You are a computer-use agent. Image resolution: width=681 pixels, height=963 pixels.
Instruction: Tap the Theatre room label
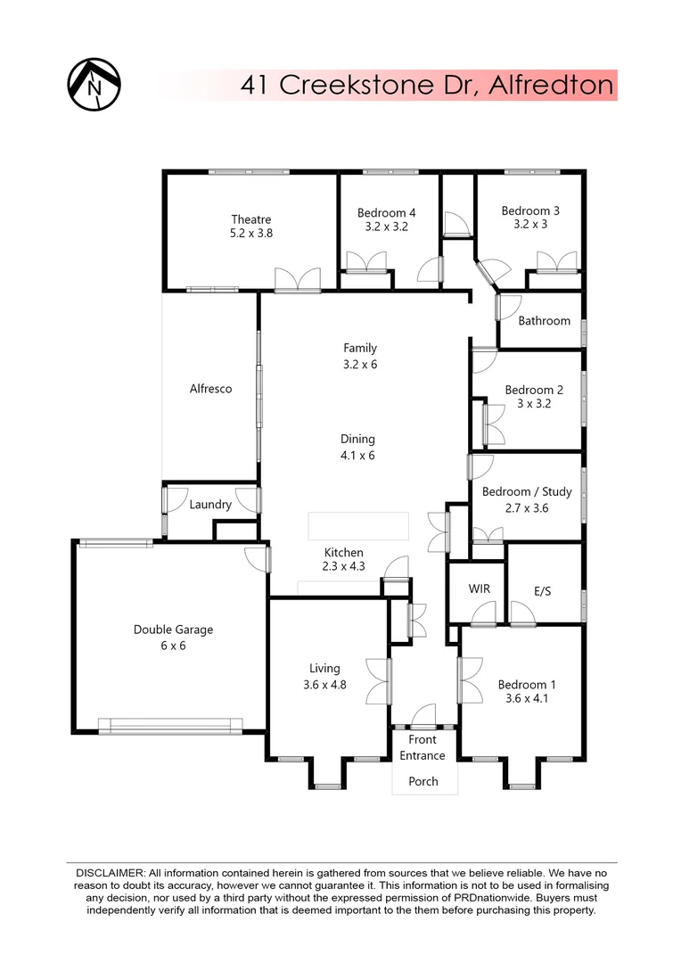250,219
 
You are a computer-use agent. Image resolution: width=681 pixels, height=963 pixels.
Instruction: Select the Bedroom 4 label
386,212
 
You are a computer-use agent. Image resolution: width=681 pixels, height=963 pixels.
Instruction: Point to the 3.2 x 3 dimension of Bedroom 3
530,226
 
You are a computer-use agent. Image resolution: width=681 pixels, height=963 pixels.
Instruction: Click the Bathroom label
544,321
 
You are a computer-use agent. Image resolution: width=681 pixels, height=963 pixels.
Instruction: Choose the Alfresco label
210,389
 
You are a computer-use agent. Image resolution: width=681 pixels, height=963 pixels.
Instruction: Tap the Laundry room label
210,505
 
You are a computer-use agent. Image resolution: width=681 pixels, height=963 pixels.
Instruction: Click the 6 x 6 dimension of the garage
173,646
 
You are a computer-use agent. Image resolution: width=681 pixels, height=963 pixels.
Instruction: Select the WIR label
479,589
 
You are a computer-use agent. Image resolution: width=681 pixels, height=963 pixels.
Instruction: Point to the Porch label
423,781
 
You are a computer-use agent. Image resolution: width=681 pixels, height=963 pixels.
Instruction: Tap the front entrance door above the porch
424,717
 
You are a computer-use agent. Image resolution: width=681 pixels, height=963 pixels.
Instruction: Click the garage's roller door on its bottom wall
170,726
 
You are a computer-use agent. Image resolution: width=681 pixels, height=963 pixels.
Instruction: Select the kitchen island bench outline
357,526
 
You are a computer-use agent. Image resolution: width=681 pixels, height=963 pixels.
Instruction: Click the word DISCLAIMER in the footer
111,871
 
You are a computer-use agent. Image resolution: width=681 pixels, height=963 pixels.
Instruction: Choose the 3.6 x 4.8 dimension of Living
324,685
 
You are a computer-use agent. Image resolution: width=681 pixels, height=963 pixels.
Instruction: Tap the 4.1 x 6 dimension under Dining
357,455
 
